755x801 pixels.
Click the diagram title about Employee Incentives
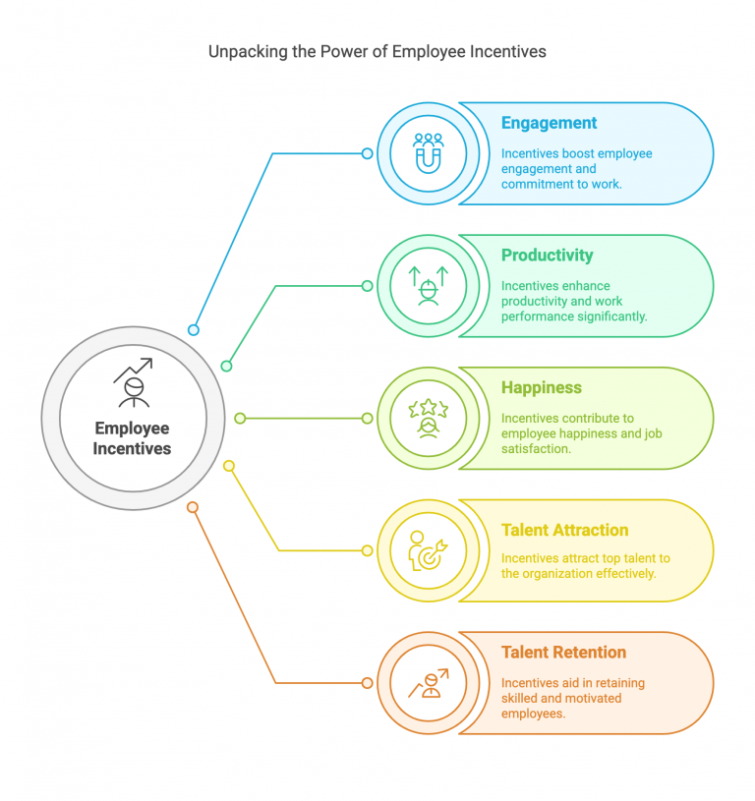coord(377,51)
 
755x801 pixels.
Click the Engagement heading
coord(549,123)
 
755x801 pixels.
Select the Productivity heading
coord(547,256)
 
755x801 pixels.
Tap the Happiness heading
coord(541,388)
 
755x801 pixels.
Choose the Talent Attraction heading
coord(564,530)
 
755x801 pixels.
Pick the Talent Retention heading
coord(563,653)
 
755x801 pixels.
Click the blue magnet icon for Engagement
coord(429,153)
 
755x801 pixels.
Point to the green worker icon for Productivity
coord(429,286)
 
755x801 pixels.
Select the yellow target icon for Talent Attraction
coord(429,550)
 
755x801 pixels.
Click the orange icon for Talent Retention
coord(429,682)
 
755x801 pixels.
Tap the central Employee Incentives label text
coord(132,438)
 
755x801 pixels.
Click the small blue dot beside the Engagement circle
coord(368,153)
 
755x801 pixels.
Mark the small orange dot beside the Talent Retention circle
coord(368,682)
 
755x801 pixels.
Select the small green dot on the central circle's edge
coord(226,366)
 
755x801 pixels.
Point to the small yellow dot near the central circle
coord(229,466)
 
